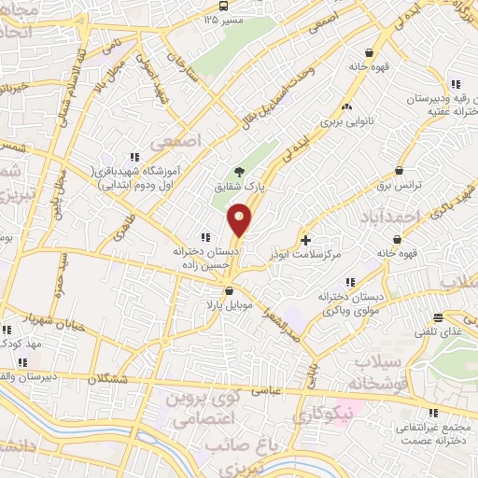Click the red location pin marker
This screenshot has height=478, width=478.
pyautogui.click(x=240, y=220)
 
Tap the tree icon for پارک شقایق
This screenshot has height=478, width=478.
pyautogui.click(x=240, y=172)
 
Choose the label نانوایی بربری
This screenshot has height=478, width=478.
pyautogui.click(x=347, y=120)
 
